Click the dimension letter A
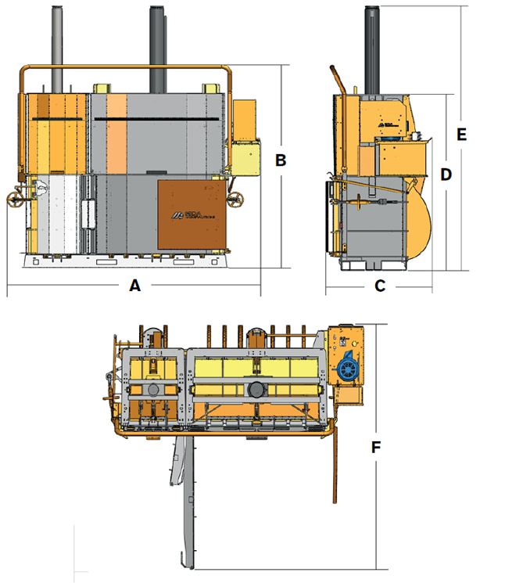click(134, 286)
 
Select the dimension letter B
click(281, 160)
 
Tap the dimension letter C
click(380, 286)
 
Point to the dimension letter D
click(446, 174)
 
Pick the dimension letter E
click(462, 135)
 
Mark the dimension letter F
click(376, 448)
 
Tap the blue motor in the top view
click(347, 369)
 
